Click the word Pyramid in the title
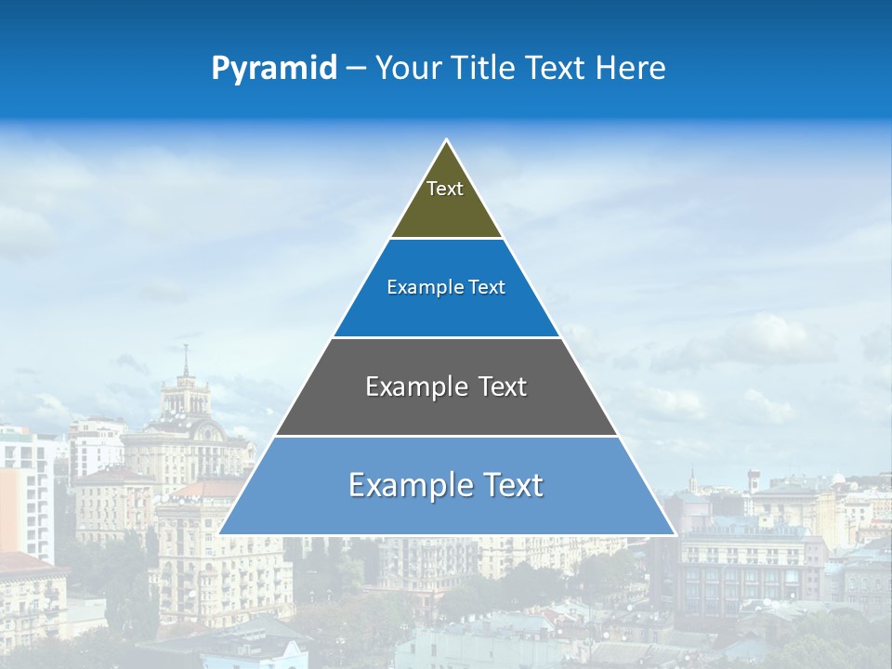coord(273,69)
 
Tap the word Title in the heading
coord(483,68)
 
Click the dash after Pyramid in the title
coord(356,69)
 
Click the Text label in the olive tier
coord(445,189)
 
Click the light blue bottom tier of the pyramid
coord(446,511)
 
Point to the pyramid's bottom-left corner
coord(220,533)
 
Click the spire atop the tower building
coord(186,354)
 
